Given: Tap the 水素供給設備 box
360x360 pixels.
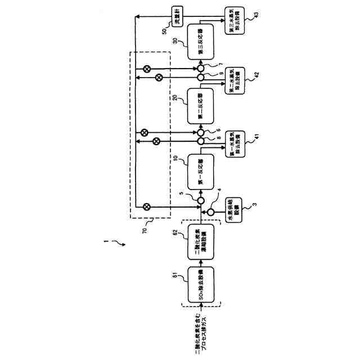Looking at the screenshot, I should coord(233,212).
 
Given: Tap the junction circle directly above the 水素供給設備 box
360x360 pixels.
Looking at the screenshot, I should coord(211,212).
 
